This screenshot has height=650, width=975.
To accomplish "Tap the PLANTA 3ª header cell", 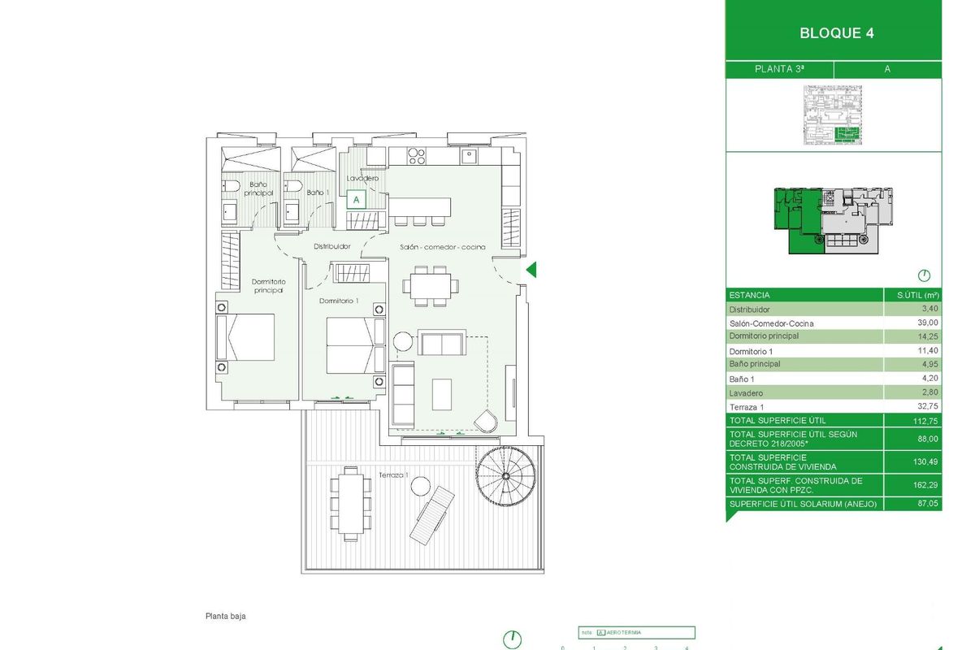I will tap(779, 69).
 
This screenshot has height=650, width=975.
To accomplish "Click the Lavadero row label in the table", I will tap(745, 392).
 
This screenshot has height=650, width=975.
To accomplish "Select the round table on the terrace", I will tap(420, 487).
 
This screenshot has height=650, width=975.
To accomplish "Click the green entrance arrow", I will tap(531, 271).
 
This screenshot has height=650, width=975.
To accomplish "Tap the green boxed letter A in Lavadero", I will tap(357, 198).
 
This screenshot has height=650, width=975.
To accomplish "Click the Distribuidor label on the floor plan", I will tap(331, 245).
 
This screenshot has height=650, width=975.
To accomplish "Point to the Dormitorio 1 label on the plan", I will tap(339, 301).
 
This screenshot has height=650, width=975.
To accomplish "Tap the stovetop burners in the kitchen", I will tap(416, 154).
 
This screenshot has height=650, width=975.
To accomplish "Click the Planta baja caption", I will tap(225, 616).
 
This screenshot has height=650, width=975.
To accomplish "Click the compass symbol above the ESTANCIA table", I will tap(924, 275).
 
